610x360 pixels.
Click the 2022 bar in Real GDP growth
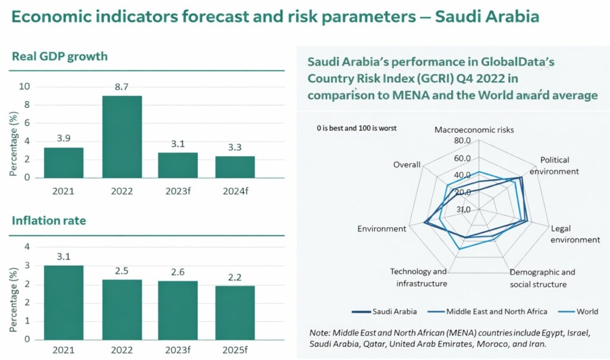tap(122, 136)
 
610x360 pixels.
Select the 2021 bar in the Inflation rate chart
tap(63, 302)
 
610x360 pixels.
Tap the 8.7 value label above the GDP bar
tap(122, 87)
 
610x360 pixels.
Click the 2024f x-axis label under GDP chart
tap(235, 191)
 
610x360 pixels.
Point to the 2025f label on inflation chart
tap(235, 352)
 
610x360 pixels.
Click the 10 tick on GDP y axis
tap(24, 86)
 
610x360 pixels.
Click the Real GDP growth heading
tap(60, 57)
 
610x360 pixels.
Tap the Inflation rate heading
tap(49, 221)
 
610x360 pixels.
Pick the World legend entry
tap(587, 311)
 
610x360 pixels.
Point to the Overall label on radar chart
tap(407, 165)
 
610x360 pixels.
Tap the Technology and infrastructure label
tap(421, 278)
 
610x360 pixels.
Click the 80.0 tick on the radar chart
tap(462, 141)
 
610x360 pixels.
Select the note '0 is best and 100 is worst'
tap(356, 128)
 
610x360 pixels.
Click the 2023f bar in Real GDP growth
tap(178, 165)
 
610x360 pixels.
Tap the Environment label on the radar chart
tap(381, 229)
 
